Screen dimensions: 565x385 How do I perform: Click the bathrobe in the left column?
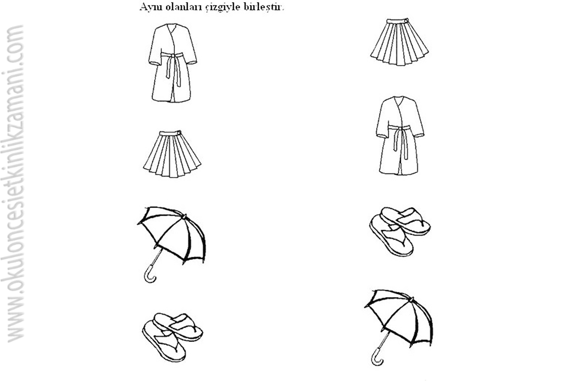click(x=173, y=63)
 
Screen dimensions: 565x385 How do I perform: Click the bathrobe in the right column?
click(x=400, y=135)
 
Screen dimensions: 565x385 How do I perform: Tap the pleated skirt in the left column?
click(x=172, y=154)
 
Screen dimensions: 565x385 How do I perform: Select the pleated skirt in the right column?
click(x=399, y=42)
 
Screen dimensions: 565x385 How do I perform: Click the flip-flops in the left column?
click(x=173, y=337)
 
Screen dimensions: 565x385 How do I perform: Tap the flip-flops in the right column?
click(x=400, y=231)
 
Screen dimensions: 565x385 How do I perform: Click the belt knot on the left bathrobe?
click(x=173, y=55)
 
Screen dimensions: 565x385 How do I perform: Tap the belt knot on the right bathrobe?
click(x=400, y=128)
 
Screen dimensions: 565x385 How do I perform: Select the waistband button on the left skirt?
click(x=179, y=132)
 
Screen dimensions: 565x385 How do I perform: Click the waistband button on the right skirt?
click(x=406, y=20)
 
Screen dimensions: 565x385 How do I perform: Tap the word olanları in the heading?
click(x=182, y=7)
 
